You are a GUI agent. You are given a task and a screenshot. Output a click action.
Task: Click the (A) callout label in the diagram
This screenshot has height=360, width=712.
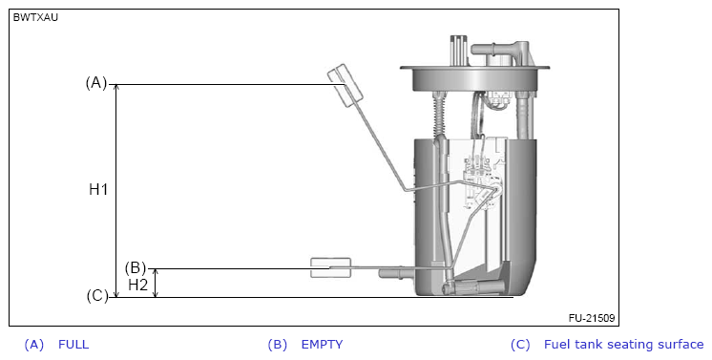[95, 83]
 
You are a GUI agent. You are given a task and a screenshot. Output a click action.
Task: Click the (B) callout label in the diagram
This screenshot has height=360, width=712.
[136, 267]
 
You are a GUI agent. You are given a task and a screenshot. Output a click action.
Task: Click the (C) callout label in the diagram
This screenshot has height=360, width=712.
[97, 296]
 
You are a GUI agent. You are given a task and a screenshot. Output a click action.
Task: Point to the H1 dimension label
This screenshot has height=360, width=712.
[98, 189]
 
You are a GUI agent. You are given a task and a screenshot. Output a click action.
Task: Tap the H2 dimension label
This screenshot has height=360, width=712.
[138, 285]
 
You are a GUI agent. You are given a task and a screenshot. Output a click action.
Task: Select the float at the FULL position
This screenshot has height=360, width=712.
[346, 85]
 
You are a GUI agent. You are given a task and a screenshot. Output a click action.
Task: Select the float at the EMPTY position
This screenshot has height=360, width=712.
[330, 267]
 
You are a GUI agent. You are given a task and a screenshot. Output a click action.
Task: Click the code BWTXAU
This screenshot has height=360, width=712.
[35, 18]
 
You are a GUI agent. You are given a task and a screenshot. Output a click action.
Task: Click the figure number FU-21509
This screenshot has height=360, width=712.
[592, 318]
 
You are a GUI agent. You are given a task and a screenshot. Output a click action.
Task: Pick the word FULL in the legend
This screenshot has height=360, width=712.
[73, 345]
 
